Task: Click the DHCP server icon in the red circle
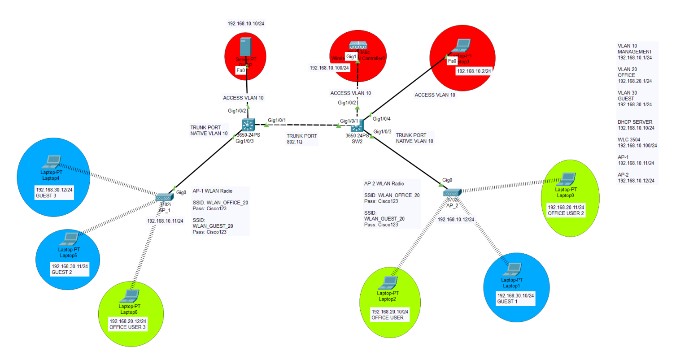[245, 48]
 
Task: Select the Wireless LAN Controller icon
[358, 46]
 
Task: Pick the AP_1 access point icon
[164, 198]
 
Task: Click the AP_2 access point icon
[451, 193]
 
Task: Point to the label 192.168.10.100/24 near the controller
[329, 68]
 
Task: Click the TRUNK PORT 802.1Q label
[302, 139]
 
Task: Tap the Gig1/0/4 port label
[382, 119]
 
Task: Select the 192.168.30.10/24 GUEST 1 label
[515, 299]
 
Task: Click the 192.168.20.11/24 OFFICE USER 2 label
[566, 210]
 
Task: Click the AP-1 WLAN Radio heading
[212, 191]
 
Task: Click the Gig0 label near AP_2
[447, 180]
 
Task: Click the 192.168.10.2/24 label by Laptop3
[474, 71]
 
